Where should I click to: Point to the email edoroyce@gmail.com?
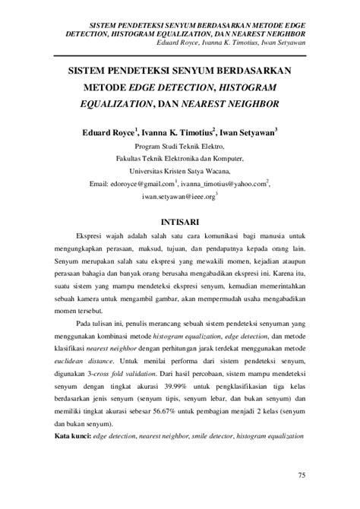[x=143, y=183]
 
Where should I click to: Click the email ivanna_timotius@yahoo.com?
[x=223, y=183]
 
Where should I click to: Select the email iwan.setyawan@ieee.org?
[x=178, y=196]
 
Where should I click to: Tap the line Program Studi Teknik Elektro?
[x=179, y=147]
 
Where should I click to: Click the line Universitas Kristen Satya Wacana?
[x=180, y=171]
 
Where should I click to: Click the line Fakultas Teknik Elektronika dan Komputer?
[x=180, y=159]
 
